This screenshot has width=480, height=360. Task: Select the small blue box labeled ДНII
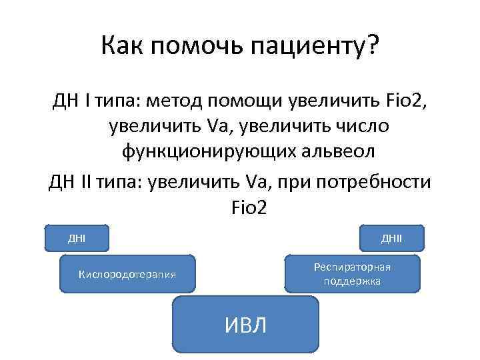coord(391,238)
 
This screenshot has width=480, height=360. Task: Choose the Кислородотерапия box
coord(127,274)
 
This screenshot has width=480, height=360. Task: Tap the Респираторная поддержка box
coord(353,274)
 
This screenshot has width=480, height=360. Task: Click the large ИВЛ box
coord(246,325)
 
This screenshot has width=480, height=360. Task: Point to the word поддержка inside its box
coord(353,281)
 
